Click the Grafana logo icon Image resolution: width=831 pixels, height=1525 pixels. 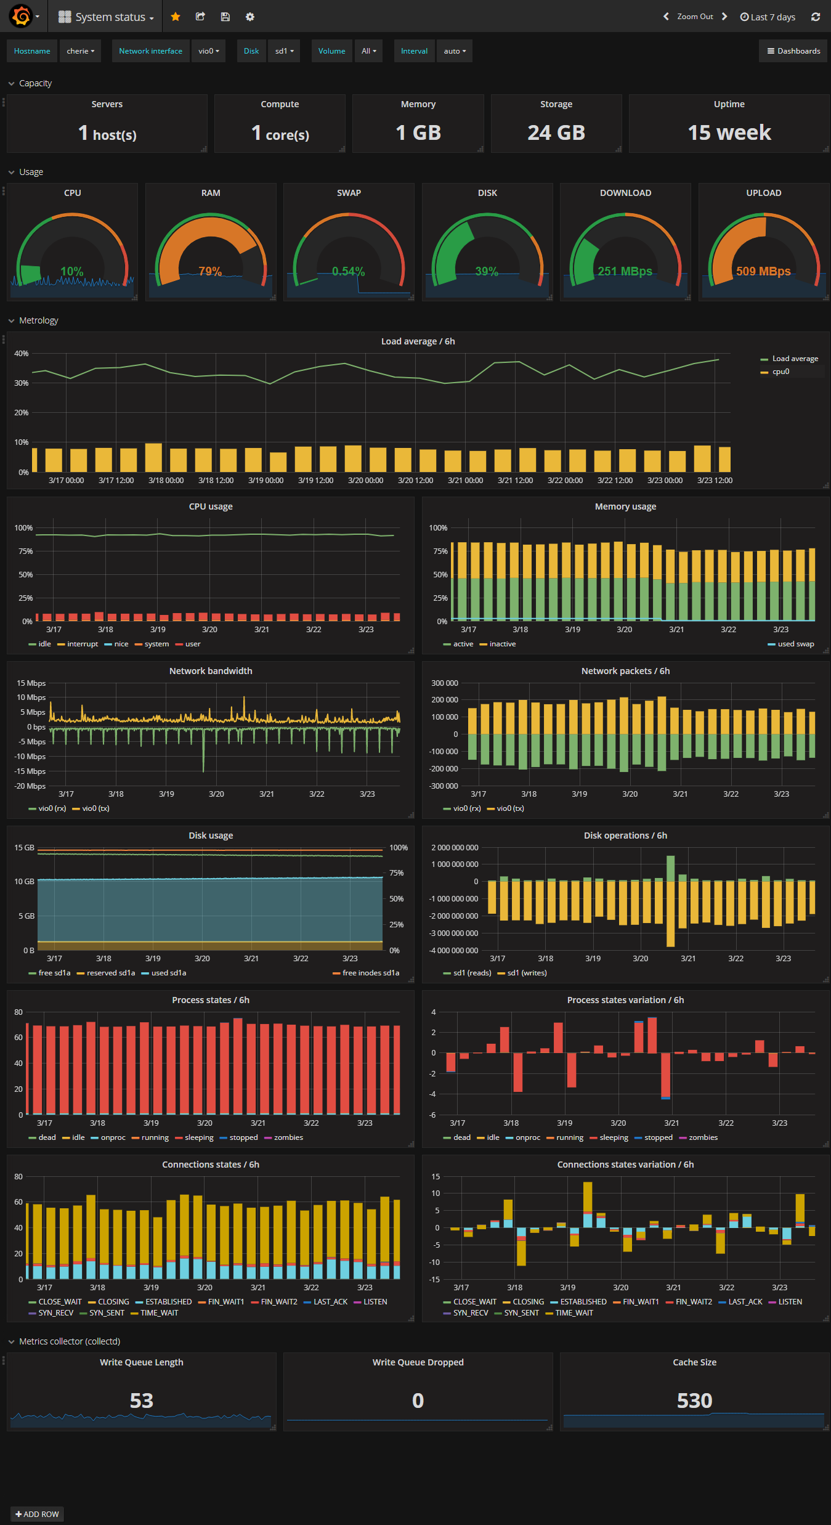(21, 17)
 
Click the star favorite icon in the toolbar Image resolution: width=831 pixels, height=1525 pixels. (176, 17)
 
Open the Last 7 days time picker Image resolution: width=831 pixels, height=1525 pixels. (768, 17)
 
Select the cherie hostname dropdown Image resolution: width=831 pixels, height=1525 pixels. (80, 51)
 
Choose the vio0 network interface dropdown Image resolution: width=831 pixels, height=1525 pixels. (208, 51)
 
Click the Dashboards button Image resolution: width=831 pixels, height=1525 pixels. (793, 51)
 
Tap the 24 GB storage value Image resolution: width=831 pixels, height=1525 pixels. (556, 132)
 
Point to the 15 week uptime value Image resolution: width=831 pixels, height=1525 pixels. (729, 132)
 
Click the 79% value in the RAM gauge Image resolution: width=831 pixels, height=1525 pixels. (210, 271)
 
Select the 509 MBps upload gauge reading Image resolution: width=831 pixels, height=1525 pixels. (763, 271)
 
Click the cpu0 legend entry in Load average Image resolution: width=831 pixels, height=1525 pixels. (780, 372)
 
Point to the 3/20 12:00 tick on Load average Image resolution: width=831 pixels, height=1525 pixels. (415, 481)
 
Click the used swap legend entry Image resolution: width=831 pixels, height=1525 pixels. (795, 644)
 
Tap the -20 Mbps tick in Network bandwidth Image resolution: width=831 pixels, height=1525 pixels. (31, 786)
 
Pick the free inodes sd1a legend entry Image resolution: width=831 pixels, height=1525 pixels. (370, 973)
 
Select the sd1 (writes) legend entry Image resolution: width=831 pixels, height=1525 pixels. (527, 973)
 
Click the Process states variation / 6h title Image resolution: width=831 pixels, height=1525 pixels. (625, 1000)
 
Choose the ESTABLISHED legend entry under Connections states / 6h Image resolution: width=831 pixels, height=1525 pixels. (168, 1302)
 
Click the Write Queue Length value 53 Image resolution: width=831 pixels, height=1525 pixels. (142, 1401)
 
